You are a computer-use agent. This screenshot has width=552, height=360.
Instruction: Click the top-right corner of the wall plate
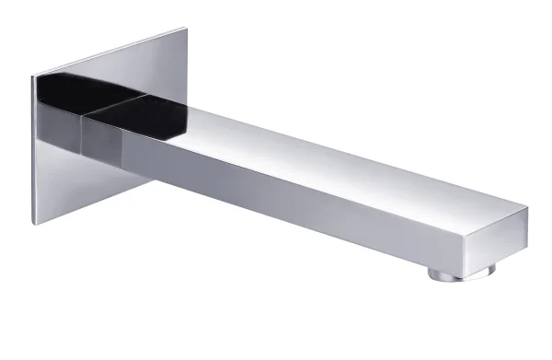tap(187, 28)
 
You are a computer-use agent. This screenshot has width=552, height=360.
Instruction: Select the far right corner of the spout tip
tap(528, 208)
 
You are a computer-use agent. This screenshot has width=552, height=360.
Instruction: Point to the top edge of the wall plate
tap(110, 52)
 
